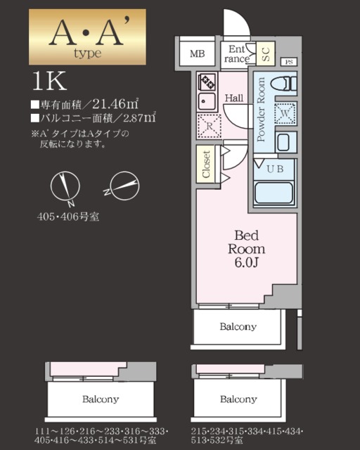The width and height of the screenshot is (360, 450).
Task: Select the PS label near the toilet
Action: click(x=289, y=61)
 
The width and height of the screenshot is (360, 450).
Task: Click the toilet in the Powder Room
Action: click(x=285, y=84)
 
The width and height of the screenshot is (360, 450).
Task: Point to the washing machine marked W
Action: click(x=285, y=113)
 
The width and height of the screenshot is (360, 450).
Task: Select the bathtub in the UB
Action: click(x=273, y=191)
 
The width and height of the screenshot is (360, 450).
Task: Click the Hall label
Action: click(x=234, y=97)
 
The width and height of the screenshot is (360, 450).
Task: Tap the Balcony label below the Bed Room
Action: click(x=238, y=326)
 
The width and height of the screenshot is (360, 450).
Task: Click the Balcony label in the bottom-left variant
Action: click(x=100, y=399)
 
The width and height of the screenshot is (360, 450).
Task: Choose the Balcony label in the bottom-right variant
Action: click(x=238, y=399)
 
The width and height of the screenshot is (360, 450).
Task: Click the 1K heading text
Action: click(x=49, y=82)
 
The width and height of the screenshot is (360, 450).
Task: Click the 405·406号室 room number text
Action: click(x=68, y=216)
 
